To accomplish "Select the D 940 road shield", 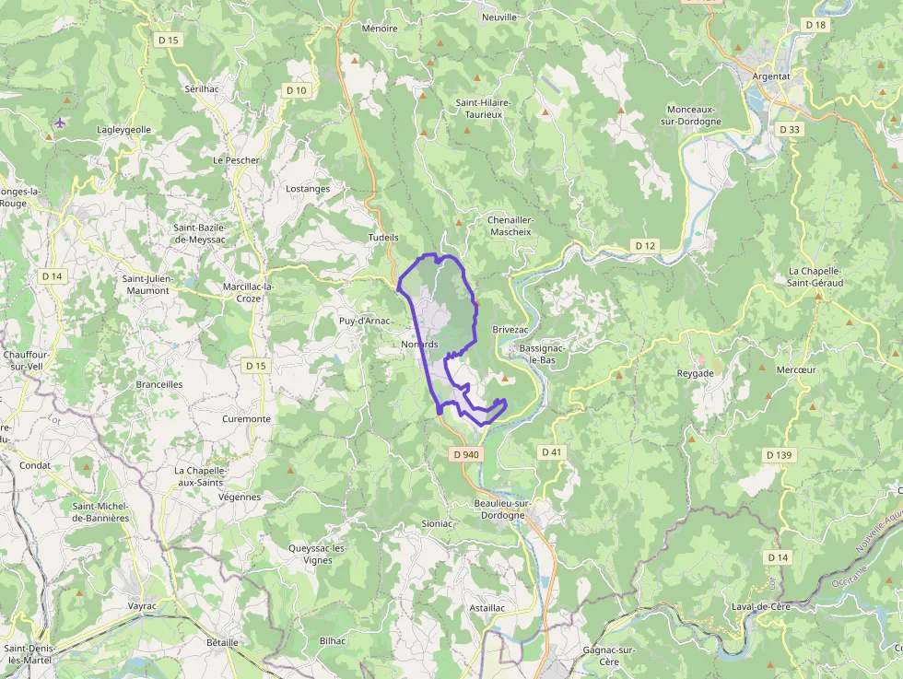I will coord(467,454).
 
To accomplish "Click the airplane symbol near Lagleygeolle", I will coord(61,123).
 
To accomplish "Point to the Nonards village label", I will coord(419,345).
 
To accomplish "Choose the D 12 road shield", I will coord(646,245).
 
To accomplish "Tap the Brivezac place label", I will coord(510,329).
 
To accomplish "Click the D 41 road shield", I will coord(551,451).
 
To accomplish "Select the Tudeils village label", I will coord(383,237).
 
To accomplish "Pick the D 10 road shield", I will coord(296,89).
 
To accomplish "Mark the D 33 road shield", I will coord(790,130).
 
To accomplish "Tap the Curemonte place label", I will coord(247,419).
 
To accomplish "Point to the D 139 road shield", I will coord(779,455).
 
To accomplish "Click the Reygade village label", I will coord(696,373).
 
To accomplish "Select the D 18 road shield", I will coord(815,25).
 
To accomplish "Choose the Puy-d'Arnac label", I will coord(365,321).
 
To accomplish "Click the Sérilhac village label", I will coord(202,88).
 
